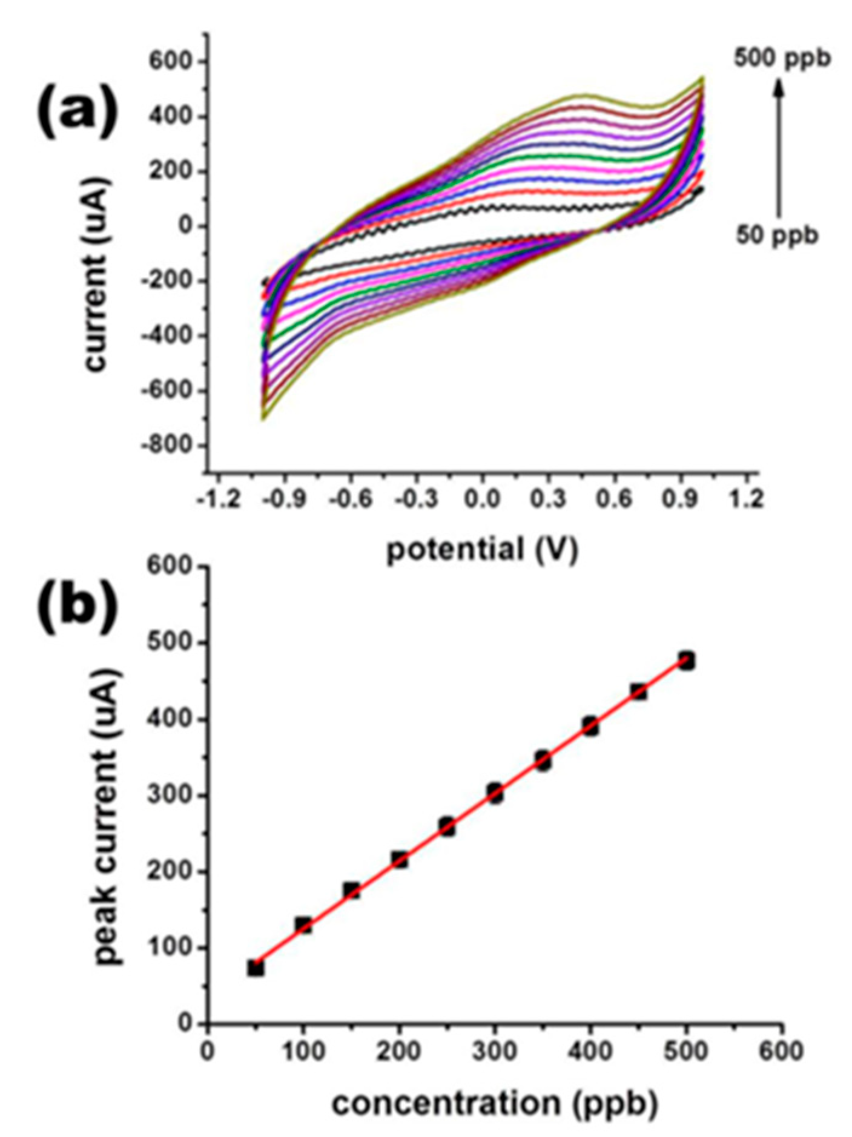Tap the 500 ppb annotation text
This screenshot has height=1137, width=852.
[x=782, y=59]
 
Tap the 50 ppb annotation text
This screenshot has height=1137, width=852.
[x=777, y=236]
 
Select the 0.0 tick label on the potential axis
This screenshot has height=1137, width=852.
[x=483, y=499]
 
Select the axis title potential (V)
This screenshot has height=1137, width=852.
[x=482, y=550]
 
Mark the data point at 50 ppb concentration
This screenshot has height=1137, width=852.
[x=256, y=968]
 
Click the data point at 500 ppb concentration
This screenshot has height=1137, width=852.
[x=687, y=661]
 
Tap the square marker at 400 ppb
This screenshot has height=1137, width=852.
[x=591, y=726]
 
